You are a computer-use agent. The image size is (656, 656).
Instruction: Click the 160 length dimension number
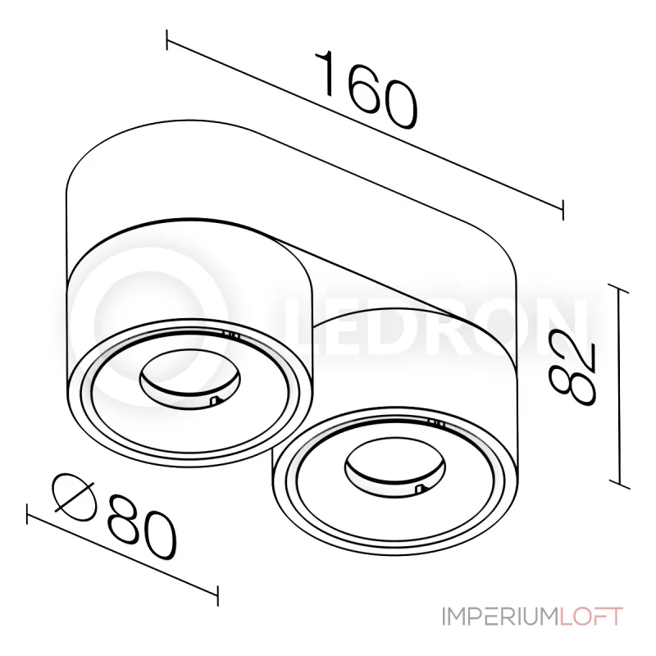(x=367, y=89)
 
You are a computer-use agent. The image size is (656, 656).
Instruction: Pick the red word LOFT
(x=591, y=616)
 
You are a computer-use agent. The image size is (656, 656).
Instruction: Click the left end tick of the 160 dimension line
(x=168, y=40)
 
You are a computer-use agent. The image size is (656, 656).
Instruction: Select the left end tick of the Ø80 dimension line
(x=30, y=514)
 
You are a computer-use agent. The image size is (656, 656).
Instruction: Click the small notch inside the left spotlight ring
(x=214, y=400)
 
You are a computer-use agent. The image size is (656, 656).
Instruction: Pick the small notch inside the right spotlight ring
(x=421, y=490)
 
